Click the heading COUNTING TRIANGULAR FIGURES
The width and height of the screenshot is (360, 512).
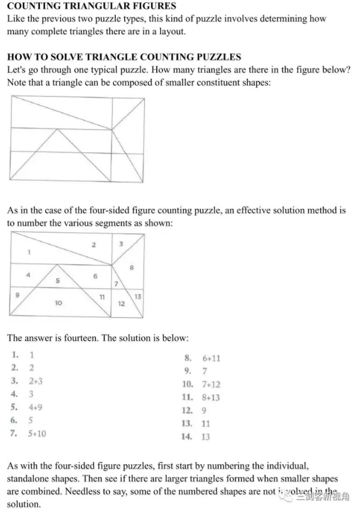coord(91,6)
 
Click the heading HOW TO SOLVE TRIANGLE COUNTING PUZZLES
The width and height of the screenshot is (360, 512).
coord(124,57)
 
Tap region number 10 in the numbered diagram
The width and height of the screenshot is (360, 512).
coord(58,303)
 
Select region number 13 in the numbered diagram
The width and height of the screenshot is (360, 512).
coord(138,296)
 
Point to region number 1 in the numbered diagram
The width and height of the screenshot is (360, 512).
coord(29,252)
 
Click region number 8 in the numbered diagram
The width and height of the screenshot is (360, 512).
coord(131,268)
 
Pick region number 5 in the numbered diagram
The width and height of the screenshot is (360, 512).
coord(57,281)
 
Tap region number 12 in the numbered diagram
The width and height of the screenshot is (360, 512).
coord(121,303)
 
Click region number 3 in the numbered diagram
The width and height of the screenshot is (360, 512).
coord(121,244)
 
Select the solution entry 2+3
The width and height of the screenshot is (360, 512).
coord(35,381)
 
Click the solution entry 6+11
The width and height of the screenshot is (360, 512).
coord(211,358)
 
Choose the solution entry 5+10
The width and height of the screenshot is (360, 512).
coord(37,433)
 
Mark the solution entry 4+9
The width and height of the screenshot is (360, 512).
coord(35,407)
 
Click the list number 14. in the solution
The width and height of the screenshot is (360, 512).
coord(186,437)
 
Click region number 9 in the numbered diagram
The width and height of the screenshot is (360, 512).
coord(17,294)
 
